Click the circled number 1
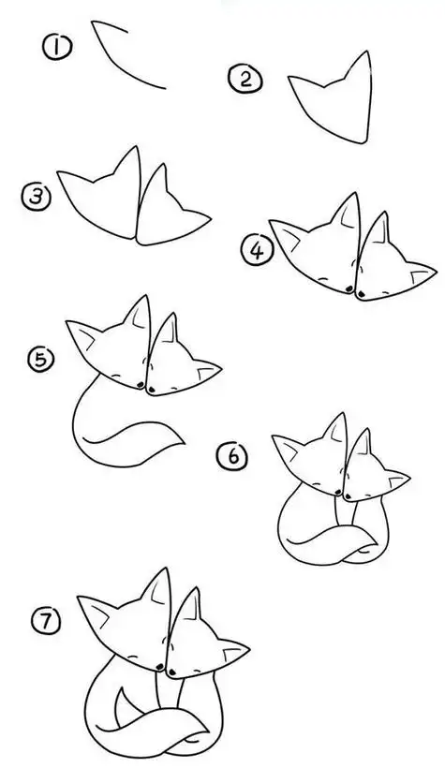coord(58,47)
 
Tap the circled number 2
coord(245,80)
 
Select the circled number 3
coord(35,196)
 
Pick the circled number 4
coord(255,249)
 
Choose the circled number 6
coord(232,456)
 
